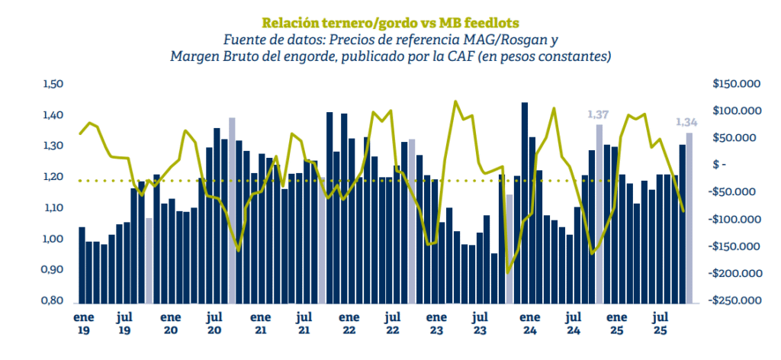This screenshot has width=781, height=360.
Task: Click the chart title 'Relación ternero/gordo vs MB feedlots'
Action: click(x=390, y=22)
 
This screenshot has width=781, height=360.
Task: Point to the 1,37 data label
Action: click(x=599, y=114)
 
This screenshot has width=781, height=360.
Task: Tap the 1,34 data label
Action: click(x=688, y=122)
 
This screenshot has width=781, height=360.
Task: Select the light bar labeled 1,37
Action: click(x=599, y=214)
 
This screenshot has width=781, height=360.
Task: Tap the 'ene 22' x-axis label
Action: click(x=349, y=323)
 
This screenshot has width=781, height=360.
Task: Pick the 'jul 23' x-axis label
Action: click(x=480, y=323)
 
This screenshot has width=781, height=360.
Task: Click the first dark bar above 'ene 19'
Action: click(x=82, y=265)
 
